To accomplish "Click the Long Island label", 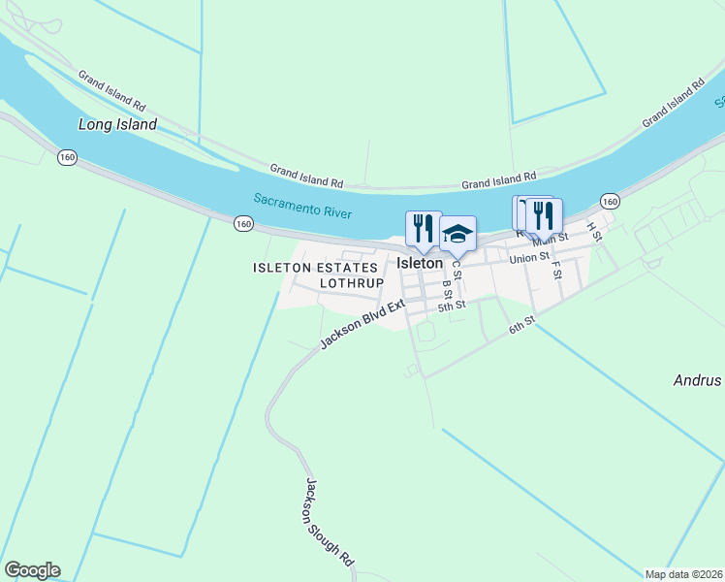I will [117, 124].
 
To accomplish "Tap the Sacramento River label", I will [302, 206].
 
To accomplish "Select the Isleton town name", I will [420, 263].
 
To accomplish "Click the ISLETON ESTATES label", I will [314, 267].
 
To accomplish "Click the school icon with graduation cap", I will [457, 234].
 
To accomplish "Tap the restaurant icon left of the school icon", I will [423, 229].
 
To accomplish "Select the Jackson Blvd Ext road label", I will [362, 324].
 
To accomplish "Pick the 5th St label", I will [452, 306].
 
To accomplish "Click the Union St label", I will [530, 257].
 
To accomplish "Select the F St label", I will [557, 269].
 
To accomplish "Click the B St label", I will [447, 289].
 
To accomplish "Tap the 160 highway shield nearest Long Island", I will [67, 157].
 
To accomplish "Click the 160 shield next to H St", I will [609, 201].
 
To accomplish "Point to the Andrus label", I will [698, 380].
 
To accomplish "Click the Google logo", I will [32, 570].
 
